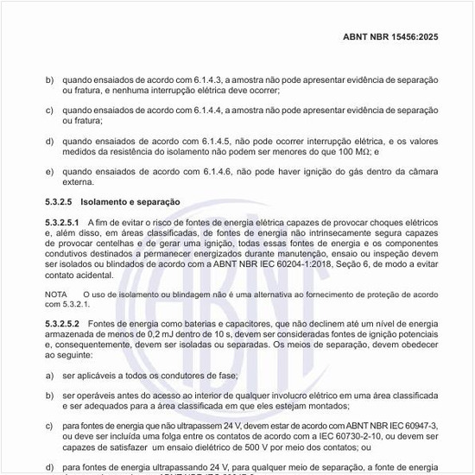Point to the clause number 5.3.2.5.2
pos(62,322)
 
